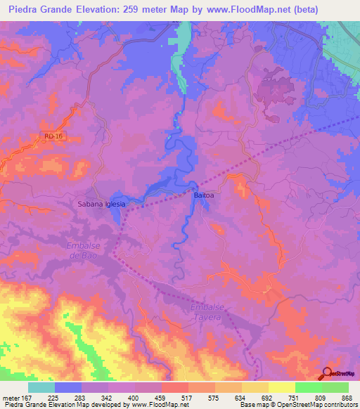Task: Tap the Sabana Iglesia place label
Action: pos(101,204)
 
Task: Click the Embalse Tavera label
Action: pos(207,313)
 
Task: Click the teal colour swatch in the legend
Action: pos(41,387)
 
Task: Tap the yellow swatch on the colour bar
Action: pos(281,387)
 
